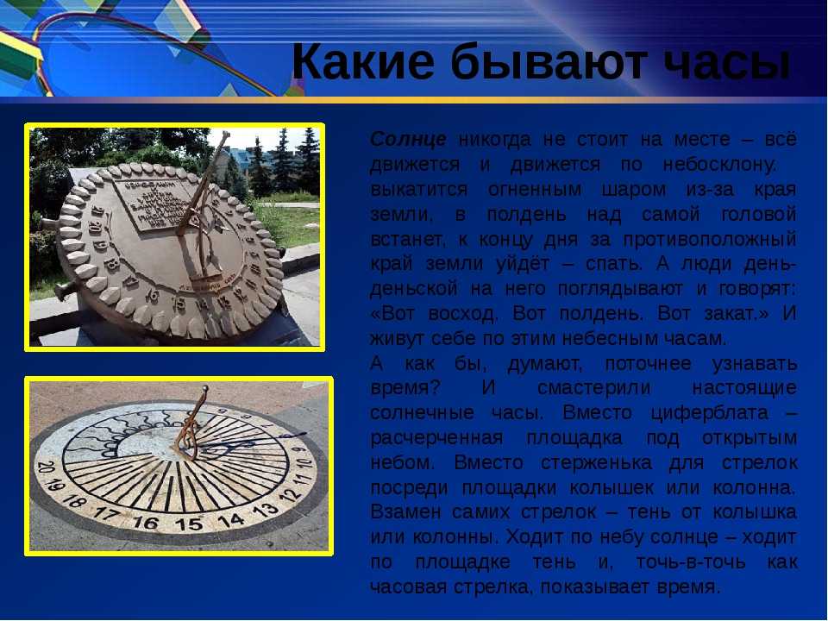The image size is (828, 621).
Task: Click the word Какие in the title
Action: pyautogui.click(x=363, y=61)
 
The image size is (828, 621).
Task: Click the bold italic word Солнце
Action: pyautogui.click(x=408, y=140)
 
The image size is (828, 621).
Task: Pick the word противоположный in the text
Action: pyautogui.click(x=710, y=240)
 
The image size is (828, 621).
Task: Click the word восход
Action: pyautogui.click(x=463, y=314)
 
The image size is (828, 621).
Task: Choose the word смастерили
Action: pyautogui.click(x=594, y=388)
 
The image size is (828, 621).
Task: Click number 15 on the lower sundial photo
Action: pyautogui.click(x=189, y=524)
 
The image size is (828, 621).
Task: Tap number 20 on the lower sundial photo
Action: pyautogui.click(x=46, y=467)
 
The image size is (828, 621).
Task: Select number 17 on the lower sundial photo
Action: pyautogui.click(x=107, y=513)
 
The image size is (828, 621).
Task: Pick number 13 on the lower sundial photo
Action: pyautogui.click(x=265, y=510)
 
